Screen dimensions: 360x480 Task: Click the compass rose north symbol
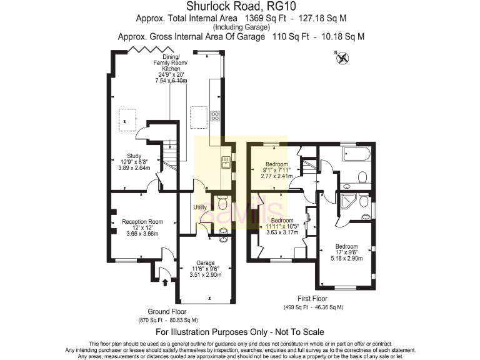pos(342,59)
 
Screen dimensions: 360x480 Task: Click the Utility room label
pos(200,207)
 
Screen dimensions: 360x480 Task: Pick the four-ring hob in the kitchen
pos(216,116)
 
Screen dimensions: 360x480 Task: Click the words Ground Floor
pos(167,311)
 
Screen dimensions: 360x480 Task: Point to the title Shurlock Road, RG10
pos(240,7)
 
